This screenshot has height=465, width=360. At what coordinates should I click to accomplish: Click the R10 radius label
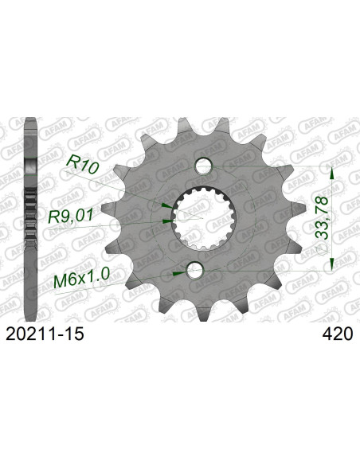83,164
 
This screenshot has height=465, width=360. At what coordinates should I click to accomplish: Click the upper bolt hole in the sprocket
204,165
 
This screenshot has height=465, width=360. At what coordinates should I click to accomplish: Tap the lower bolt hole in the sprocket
194,270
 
